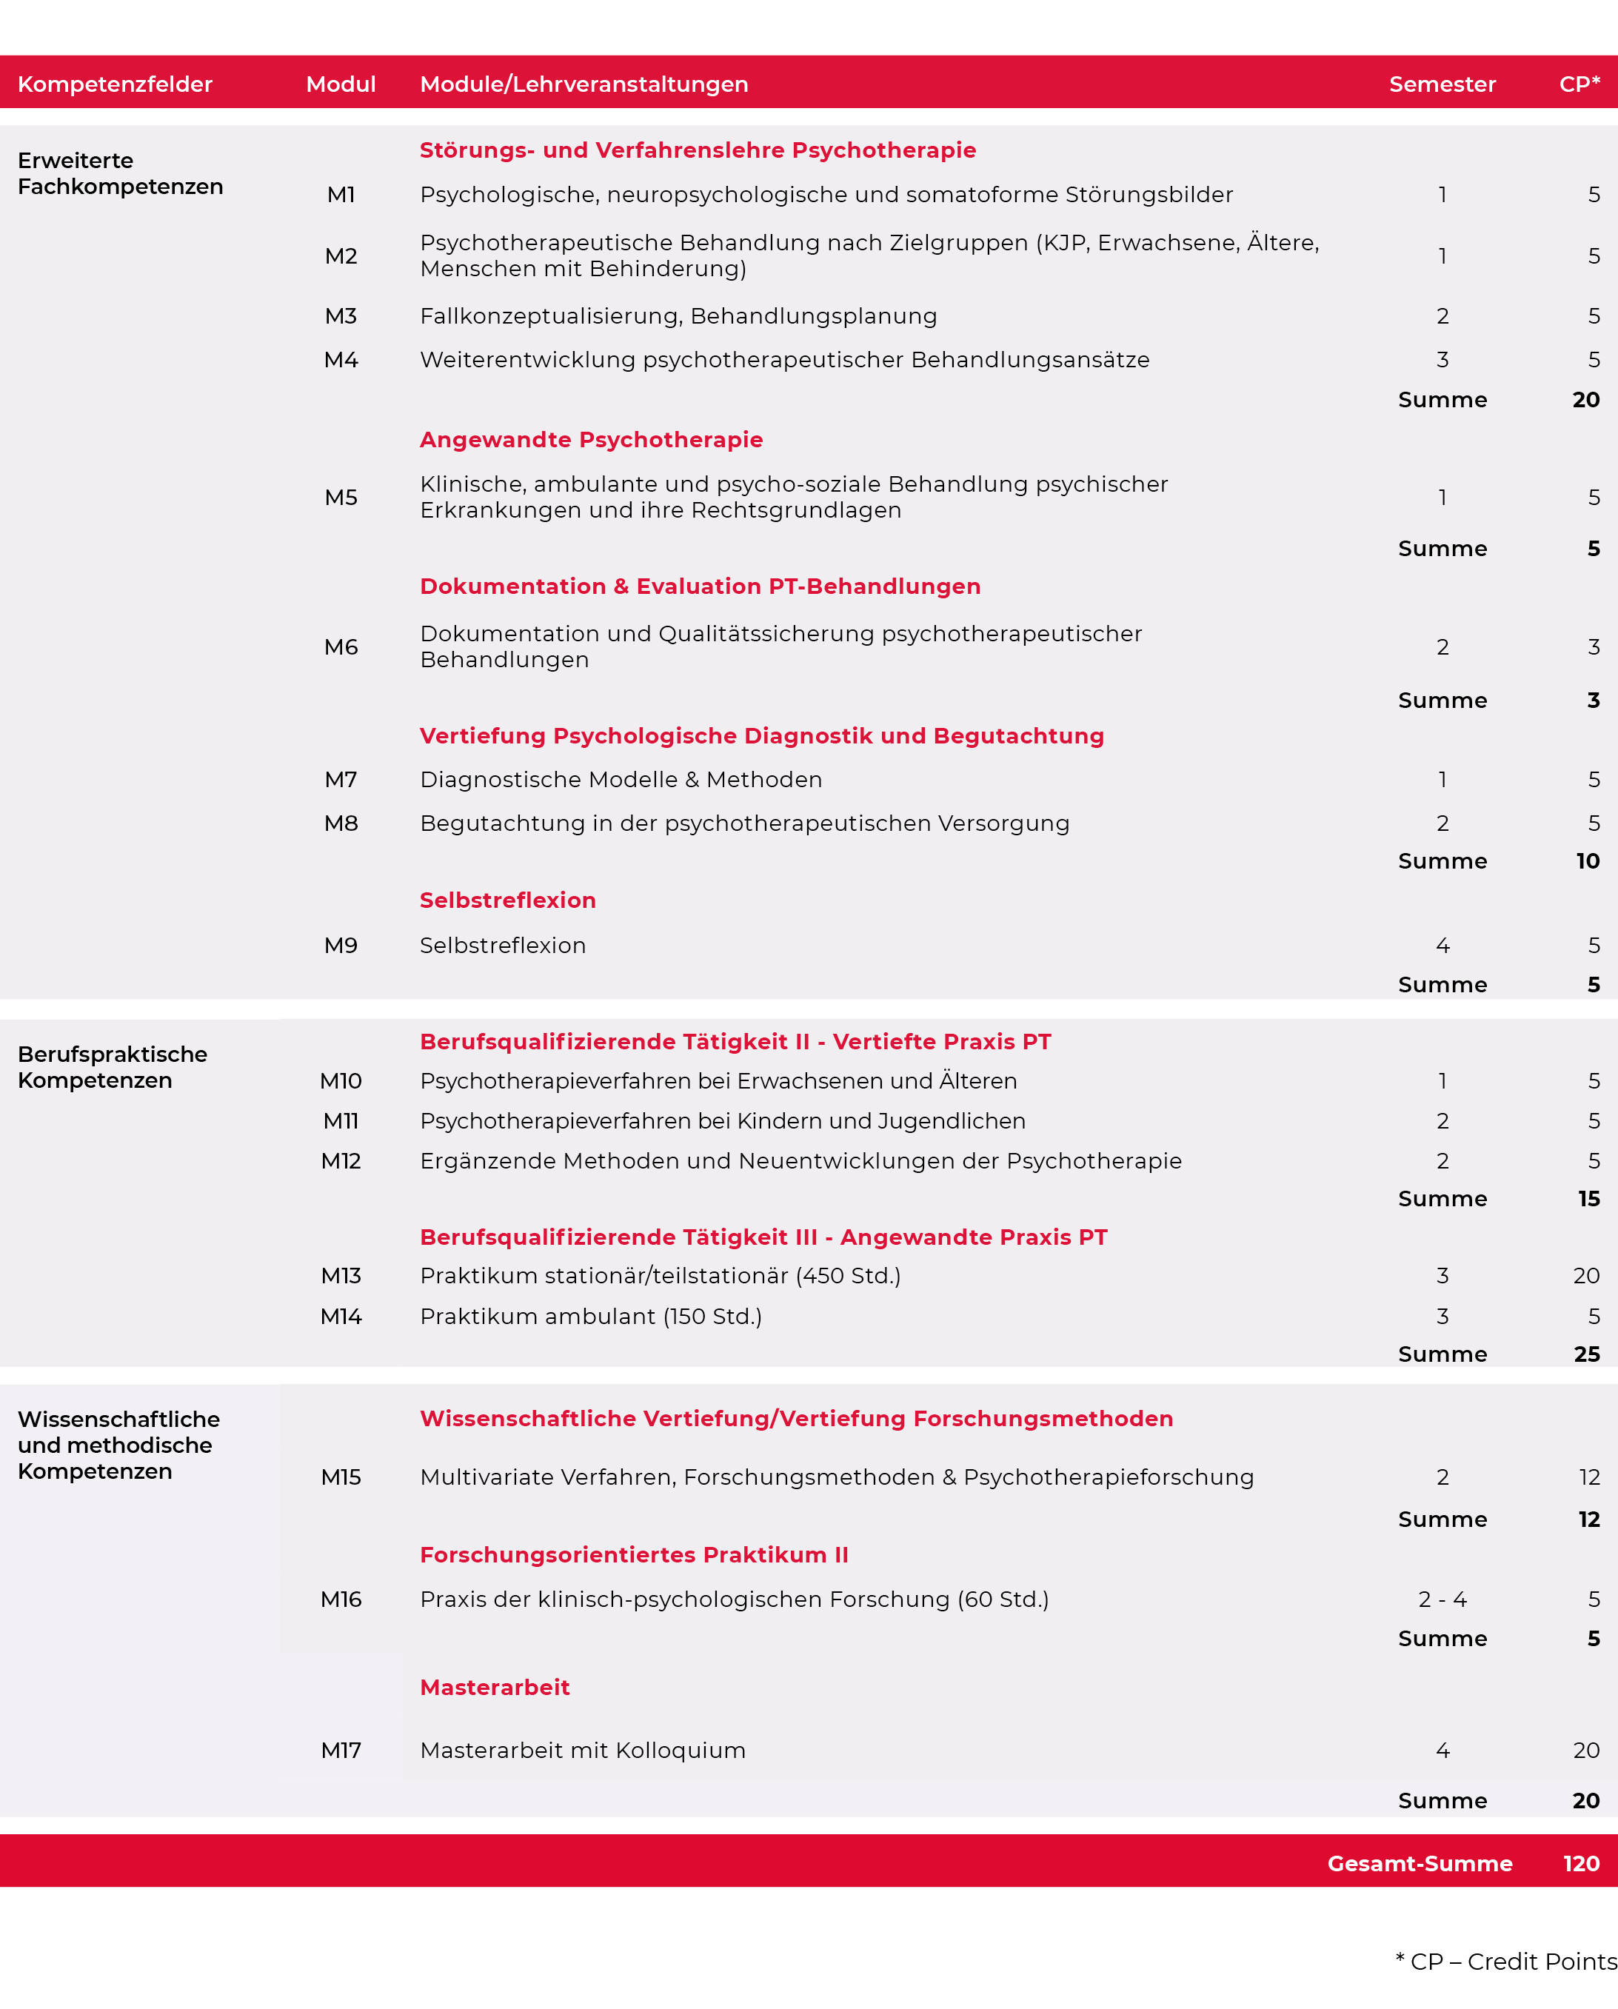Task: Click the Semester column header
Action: (1442, 84)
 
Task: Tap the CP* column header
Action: (1579, 84)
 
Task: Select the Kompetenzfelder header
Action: (115, 84)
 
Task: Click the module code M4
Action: (341, 360)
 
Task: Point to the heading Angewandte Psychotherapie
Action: (591, 440)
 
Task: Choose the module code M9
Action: (341, 945)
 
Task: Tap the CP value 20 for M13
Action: (1585, 1276)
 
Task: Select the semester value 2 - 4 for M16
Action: (1442, 1599)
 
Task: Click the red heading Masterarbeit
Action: (495, 1687)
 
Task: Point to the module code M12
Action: (341, 1161)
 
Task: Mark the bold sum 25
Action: (1586, 1354)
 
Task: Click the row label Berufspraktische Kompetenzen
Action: (112, 1067)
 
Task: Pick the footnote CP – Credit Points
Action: (1506, 1962)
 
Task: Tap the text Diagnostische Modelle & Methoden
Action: (621, 779)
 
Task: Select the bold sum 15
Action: (1588, 1198)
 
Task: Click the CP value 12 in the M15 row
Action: (1588, 1477)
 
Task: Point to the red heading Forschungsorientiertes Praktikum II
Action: (634, 1554)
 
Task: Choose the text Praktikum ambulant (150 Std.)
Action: (591, 1317)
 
